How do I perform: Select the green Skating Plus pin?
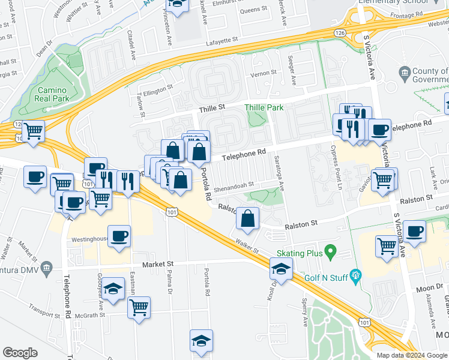point(330,250)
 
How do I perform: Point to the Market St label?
point(157,264)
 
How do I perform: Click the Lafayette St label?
point(222,40)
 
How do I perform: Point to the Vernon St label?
point(263,73)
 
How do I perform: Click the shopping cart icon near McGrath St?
point(139,308)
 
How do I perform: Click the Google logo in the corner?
point(20,353)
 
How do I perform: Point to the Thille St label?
point(212,107)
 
